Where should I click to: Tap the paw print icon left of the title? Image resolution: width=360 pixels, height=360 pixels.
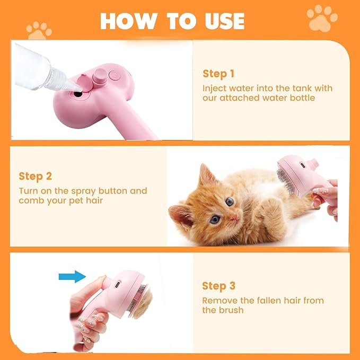[x=40, y=31]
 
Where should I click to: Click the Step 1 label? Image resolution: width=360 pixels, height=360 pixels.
[x=218, y=74]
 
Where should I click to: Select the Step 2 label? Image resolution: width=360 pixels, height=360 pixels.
[x=36, y=176]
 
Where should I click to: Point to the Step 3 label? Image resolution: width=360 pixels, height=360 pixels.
[x=218, y=286]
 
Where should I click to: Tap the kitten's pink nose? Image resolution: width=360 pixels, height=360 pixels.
[x=232, y=218]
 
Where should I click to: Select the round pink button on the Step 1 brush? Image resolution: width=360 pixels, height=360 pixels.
[x=98, y=77]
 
